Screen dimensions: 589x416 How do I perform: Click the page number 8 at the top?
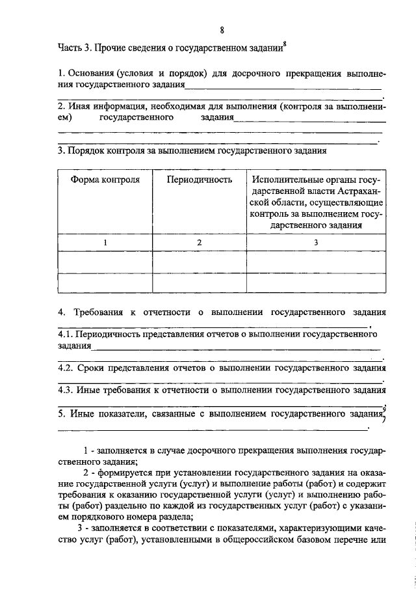pyautogui.click(x=222, y=30)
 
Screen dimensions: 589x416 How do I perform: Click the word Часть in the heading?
pyautogui.click(x=70, y=48)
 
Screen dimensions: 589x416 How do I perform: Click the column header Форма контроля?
pyautogui.click(x=105, y=180)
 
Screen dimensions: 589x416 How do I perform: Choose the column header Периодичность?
pyautogui.click(x=200, y=180)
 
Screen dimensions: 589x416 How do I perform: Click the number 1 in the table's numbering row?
pyautogui.click(x=105, y=242)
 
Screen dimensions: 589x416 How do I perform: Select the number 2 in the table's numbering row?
pyautogui.click(x=200, y=242)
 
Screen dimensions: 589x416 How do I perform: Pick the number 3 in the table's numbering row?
pyautogui.click(x=316, y=242)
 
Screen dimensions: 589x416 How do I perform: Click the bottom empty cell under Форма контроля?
pyautogui.click(x=105, y=283)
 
